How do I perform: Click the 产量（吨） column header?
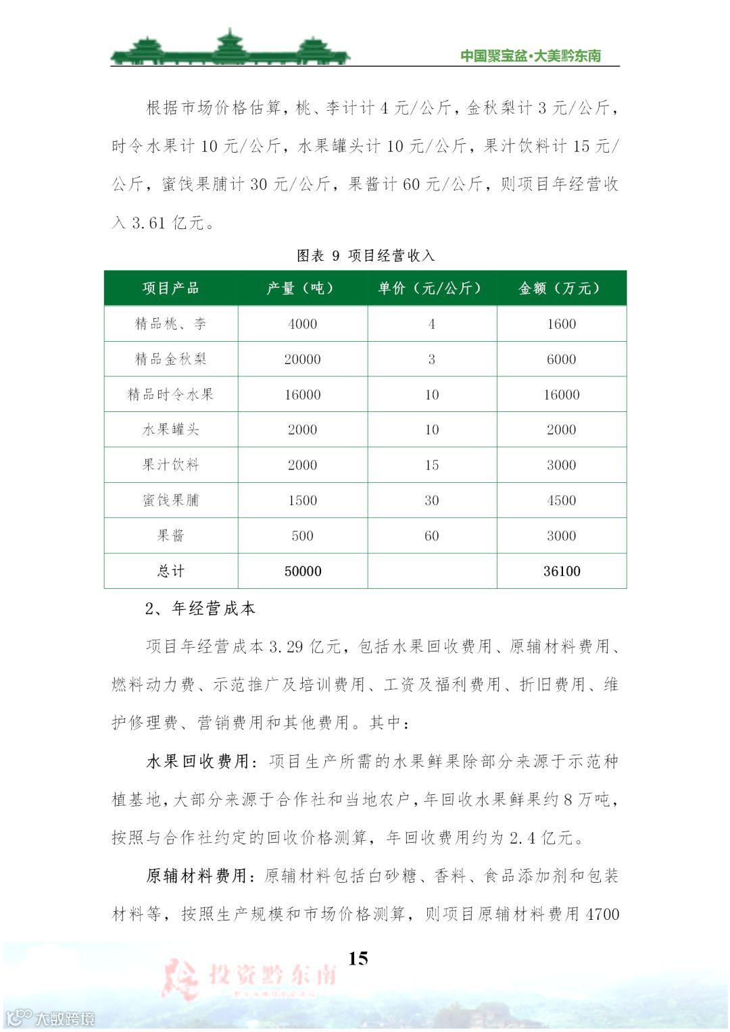coord(302,288)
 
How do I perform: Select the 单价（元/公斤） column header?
coord(431,288)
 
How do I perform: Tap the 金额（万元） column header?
coord(561,288)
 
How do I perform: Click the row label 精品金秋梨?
coord(170,359)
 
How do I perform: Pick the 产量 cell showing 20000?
coord(302,359)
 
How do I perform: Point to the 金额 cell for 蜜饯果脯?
coord(561,500)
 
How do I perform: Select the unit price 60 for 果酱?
coord(431,536)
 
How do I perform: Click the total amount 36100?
coord(561,571)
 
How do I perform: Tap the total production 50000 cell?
coord(302,571)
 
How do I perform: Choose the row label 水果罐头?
coord(170,430)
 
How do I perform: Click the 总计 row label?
coord(170,571)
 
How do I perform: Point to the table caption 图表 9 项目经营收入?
coord(365,255)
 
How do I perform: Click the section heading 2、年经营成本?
coord(200,609)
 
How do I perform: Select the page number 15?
coord(358,958)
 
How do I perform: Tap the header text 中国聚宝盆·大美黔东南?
coord(530,56)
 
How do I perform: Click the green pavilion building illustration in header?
coord(230,48)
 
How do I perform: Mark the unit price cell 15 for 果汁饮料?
coord(431,465)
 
